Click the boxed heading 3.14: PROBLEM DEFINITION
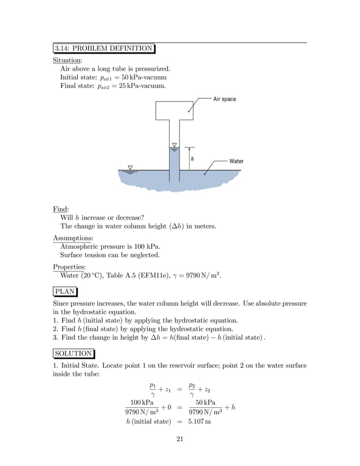pyautogui.click(x=104, y=48)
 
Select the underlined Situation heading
pyautogui.click(x=67, y=60)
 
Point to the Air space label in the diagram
pyautogui.click(x=225, y=99)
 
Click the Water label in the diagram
pyautogui.click(x=236, y=161)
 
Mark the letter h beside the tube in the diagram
pyautogui.click(x=192, y=159)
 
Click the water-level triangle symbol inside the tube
pyautogui.click(x=174, y=146)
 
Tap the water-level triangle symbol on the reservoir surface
pyautogui.click(x=130, y=168)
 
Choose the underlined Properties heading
pyautogui.click(x=69, y=267)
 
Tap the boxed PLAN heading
pyautogui.click(x=65, y=292)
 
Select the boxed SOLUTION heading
pyautogui.click(x=73, y=354)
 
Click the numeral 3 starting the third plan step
pyautogui.click(x=55, y=337)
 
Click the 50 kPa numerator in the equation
pyautogui.click(x=205, y=402)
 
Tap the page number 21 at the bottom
pyautogui.click(x=180, y=441)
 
